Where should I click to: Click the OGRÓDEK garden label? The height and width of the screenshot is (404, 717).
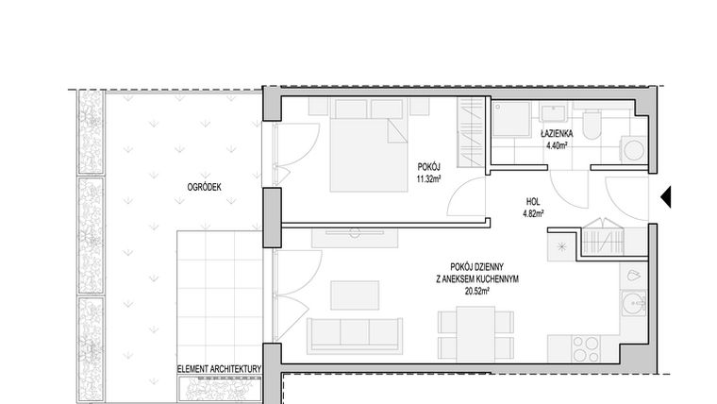coord(204,187)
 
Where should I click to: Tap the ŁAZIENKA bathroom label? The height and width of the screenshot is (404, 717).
coord(557,134)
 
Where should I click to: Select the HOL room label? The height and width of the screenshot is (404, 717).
coord(533,201)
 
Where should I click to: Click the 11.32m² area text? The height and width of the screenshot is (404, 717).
coord(428,179)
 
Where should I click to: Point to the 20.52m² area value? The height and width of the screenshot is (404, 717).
coord(477,291)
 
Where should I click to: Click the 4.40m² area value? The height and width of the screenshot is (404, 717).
coord(557,146)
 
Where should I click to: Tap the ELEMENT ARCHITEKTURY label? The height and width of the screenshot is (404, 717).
coord(219,369)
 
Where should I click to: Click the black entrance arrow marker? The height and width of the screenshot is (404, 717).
coord(666,196)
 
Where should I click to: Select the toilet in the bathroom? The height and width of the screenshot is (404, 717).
coord(592,124)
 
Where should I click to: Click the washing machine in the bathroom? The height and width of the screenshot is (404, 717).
coord(633,149)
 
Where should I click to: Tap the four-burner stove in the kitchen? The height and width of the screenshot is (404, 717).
coord(586,348)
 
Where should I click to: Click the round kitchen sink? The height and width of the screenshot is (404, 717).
coord(633,303)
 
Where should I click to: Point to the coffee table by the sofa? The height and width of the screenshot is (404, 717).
coord(355,295)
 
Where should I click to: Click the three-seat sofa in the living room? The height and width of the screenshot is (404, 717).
coord(355,336)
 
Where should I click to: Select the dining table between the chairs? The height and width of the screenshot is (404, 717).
coord(475,334)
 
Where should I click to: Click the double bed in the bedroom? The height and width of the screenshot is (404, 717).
coord(369,144)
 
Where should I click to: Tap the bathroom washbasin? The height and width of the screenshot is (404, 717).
coord(553,112)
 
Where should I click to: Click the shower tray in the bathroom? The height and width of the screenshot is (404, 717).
coord(511,119)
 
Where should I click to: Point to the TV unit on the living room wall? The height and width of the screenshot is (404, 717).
coord(355,238)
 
